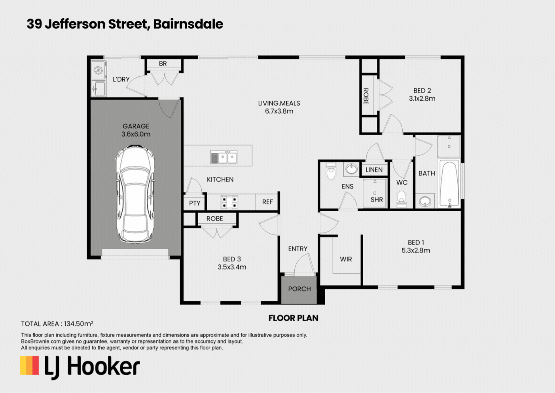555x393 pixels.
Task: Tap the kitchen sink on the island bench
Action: point(224,157)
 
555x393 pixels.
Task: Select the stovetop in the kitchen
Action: point(229,202)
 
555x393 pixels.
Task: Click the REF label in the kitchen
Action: point(267,202)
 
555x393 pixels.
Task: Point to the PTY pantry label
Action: point(195,204)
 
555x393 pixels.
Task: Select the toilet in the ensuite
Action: point(330,171)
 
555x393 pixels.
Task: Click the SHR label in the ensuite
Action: point(377,200)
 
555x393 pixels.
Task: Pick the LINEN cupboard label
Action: point(374,170)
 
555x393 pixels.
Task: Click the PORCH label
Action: point(299,289)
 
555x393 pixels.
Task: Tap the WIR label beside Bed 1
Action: point(346,259)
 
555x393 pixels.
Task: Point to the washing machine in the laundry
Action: point(98,70)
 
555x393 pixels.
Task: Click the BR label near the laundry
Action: point(163,64)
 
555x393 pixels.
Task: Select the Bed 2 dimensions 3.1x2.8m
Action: point(422,99)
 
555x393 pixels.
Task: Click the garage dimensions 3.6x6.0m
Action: point(136,134)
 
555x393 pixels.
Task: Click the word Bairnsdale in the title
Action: point(188,24)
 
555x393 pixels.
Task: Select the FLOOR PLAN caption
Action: point(294,318)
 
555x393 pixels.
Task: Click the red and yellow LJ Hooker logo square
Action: point(30,365)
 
